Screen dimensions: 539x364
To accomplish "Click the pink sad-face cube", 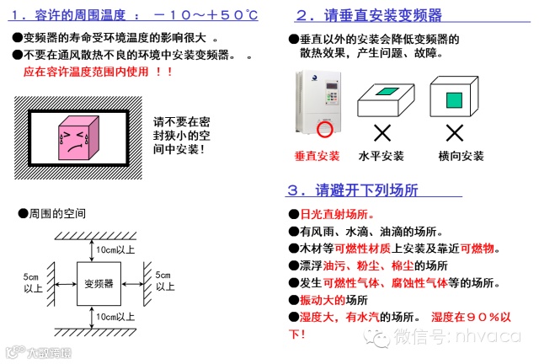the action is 78,138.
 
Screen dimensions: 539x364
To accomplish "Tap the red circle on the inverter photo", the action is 324,129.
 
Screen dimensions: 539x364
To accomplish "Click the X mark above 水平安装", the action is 382,133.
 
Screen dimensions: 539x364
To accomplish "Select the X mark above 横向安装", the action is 455,133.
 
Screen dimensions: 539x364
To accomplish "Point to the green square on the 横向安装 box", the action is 454,100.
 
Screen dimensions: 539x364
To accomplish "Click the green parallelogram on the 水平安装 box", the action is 387,91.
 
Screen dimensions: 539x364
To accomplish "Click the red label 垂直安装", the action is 317,156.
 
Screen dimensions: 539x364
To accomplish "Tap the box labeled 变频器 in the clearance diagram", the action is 99,284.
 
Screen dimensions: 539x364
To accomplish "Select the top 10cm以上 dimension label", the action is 115,249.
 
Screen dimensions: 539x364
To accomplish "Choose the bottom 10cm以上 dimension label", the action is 115,317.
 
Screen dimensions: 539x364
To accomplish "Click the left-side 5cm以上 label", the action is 33,282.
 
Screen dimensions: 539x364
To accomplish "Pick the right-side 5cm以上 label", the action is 165,281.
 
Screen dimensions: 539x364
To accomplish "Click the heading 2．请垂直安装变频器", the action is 369,15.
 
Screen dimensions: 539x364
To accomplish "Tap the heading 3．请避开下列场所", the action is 353,190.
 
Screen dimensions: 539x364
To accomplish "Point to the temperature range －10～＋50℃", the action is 205,15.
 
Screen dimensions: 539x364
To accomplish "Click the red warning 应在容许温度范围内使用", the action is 86,72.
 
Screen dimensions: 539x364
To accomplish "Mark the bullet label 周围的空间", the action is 57,214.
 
